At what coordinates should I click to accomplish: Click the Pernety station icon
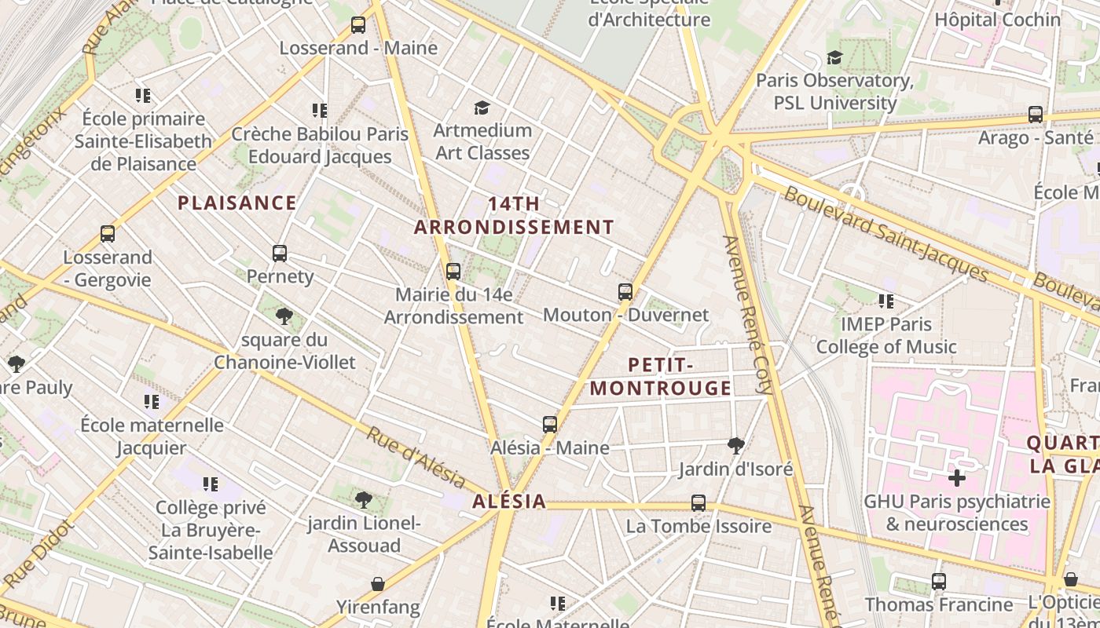pos(280,254)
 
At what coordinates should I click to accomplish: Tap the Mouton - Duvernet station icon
pos(625,292)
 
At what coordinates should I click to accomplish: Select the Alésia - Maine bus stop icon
pos(550,425)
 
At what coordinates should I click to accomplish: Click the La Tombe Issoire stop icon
pos(698,503)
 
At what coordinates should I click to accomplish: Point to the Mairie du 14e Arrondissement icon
pos(453,272)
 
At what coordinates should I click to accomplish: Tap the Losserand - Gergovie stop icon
pos(108,234)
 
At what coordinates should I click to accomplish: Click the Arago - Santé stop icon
pos(1036,115)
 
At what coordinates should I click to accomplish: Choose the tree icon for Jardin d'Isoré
pos(736,446)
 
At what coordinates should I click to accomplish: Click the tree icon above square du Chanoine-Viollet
pos(284,316)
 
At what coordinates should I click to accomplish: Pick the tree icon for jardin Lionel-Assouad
pos(363,499)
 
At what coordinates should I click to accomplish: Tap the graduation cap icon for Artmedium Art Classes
pos(482,108)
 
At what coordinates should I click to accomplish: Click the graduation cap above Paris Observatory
pos(834,58)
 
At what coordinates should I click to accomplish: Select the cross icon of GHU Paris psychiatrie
pos(956,477)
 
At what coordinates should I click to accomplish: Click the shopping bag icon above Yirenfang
pos(378,584)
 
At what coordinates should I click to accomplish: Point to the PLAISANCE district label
pos(236,203)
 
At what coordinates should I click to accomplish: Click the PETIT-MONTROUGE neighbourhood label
pos(661,377)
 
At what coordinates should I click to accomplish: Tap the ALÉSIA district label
pos(509,502)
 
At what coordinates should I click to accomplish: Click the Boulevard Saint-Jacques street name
pos(885,234)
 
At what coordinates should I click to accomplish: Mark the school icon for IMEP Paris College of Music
pos(886,301)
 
